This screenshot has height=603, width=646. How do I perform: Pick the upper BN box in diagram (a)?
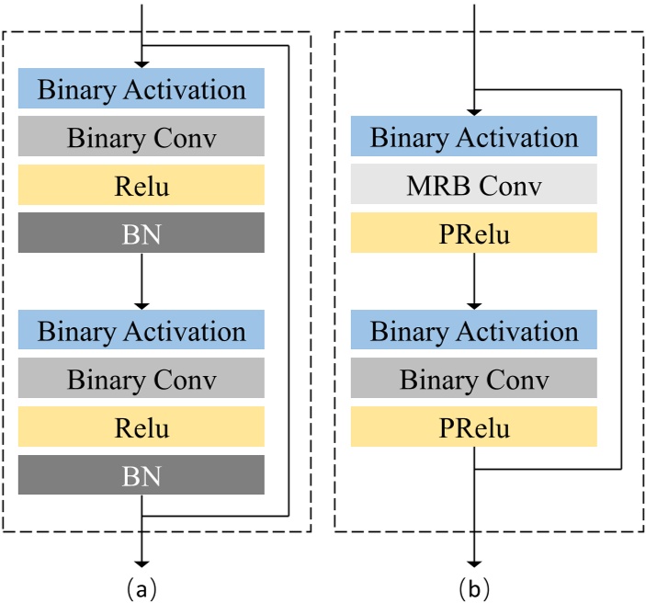142,233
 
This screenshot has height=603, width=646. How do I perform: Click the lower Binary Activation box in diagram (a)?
142,330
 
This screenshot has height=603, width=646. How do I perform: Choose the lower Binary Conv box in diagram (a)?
142,378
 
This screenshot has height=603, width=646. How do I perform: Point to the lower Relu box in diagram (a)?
142,427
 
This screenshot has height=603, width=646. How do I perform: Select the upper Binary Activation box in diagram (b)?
474,137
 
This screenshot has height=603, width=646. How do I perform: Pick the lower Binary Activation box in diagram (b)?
474,330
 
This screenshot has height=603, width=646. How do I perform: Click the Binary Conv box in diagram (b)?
474,378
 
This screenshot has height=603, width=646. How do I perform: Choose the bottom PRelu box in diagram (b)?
474,427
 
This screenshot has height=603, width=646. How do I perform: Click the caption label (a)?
142,586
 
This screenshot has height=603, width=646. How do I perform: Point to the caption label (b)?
474,586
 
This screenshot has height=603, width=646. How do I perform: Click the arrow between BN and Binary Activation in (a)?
142,280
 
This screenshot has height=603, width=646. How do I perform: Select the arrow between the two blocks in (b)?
474,280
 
